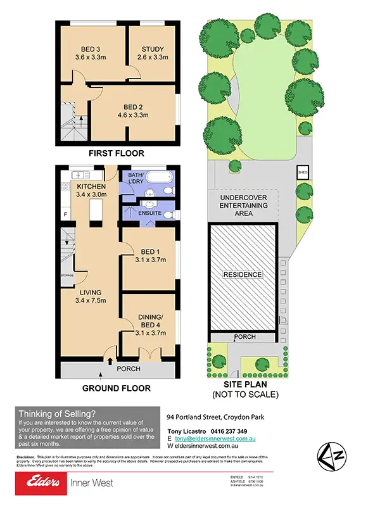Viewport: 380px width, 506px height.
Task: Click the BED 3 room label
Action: (91, 49)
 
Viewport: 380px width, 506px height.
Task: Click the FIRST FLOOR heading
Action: (117, 153)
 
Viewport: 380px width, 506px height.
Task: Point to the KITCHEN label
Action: (91, 186)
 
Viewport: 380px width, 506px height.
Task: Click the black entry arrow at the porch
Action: (112, 362)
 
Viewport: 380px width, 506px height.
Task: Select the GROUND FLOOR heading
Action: (117, 388)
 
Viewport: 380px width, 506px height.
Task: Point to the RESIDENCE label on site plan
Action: (243, 275)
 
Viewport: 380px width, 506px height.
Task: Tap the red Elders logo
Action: (40, 484)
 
